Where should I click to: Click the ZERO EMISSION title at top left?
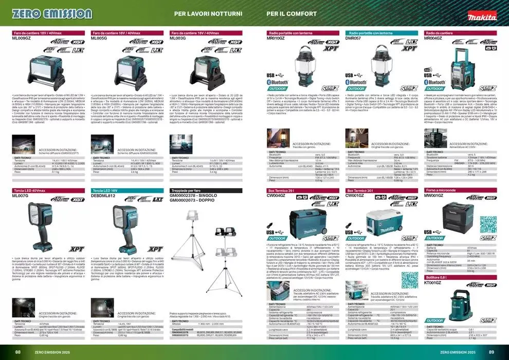tap(51, 13)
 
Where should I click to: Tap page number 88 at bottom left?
tap(18, 352)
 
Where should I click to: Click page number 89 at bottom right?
tap(491, 352)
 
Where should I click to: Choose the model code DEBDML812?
tap(104, 195)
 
